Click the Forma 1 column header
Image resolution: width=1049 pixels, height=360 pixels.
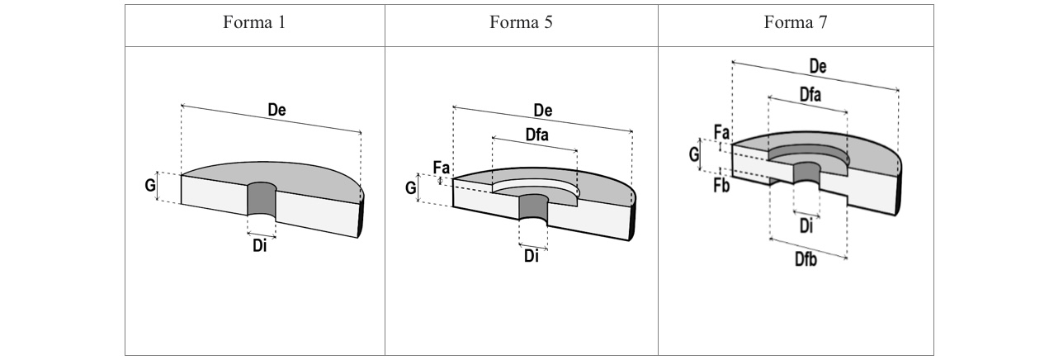pyautogui.click(x=254, y=23)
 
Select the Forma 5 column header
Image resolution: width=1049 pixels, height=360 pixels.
pyautogui.click(x=521, y=23)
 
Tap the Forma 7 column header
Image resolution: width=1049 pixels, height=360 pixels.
pyautogui.click(x=796, y=23)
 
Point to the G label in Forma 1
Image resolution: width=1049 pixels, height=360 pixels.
pyautogui.click(x=150, y=186)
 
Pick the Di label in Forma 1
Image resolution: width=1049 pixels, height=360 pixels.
pyautogui.click(x=260, y=246)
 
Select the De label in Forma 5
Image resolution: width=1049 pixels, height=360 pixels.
pyautogui.click(x=543, y=111)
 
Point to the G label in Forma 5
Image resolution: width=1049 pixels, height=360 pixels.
pyautogui.click(x=411, y=188)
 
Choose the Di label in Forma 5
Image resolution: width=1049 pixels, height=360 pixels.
pyautogui.click(x=532, y=256)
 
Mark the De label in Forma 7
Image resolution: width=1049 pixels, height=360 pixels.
pyautogui.click(x=818, y=67)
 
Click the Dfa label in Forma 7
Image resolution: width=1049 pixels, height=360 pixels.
pyautogui.click(x=810, y=96)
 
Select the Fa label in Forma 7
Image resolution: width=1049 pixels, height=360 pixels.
pyautogui.click(x=721, y=132)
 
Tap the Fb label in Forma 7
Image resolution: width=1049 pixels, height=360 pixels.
pyautogui.click(x=721, y=184)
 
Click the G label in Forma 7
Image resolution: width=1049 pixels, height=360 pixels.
pyautogui.click(x=694, y=153)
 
